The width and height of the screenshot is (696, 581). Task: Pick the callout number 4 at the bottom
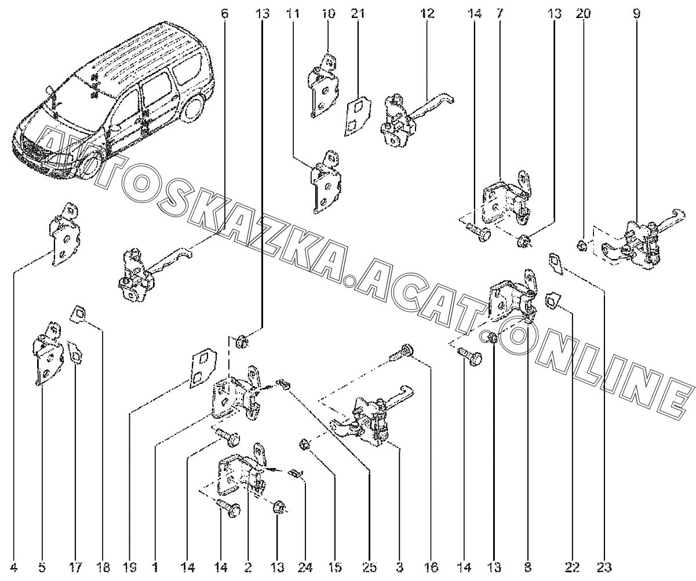tap(14, 568)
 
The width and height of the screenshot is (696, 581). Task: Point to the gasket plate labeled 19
tap(201, 367)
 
